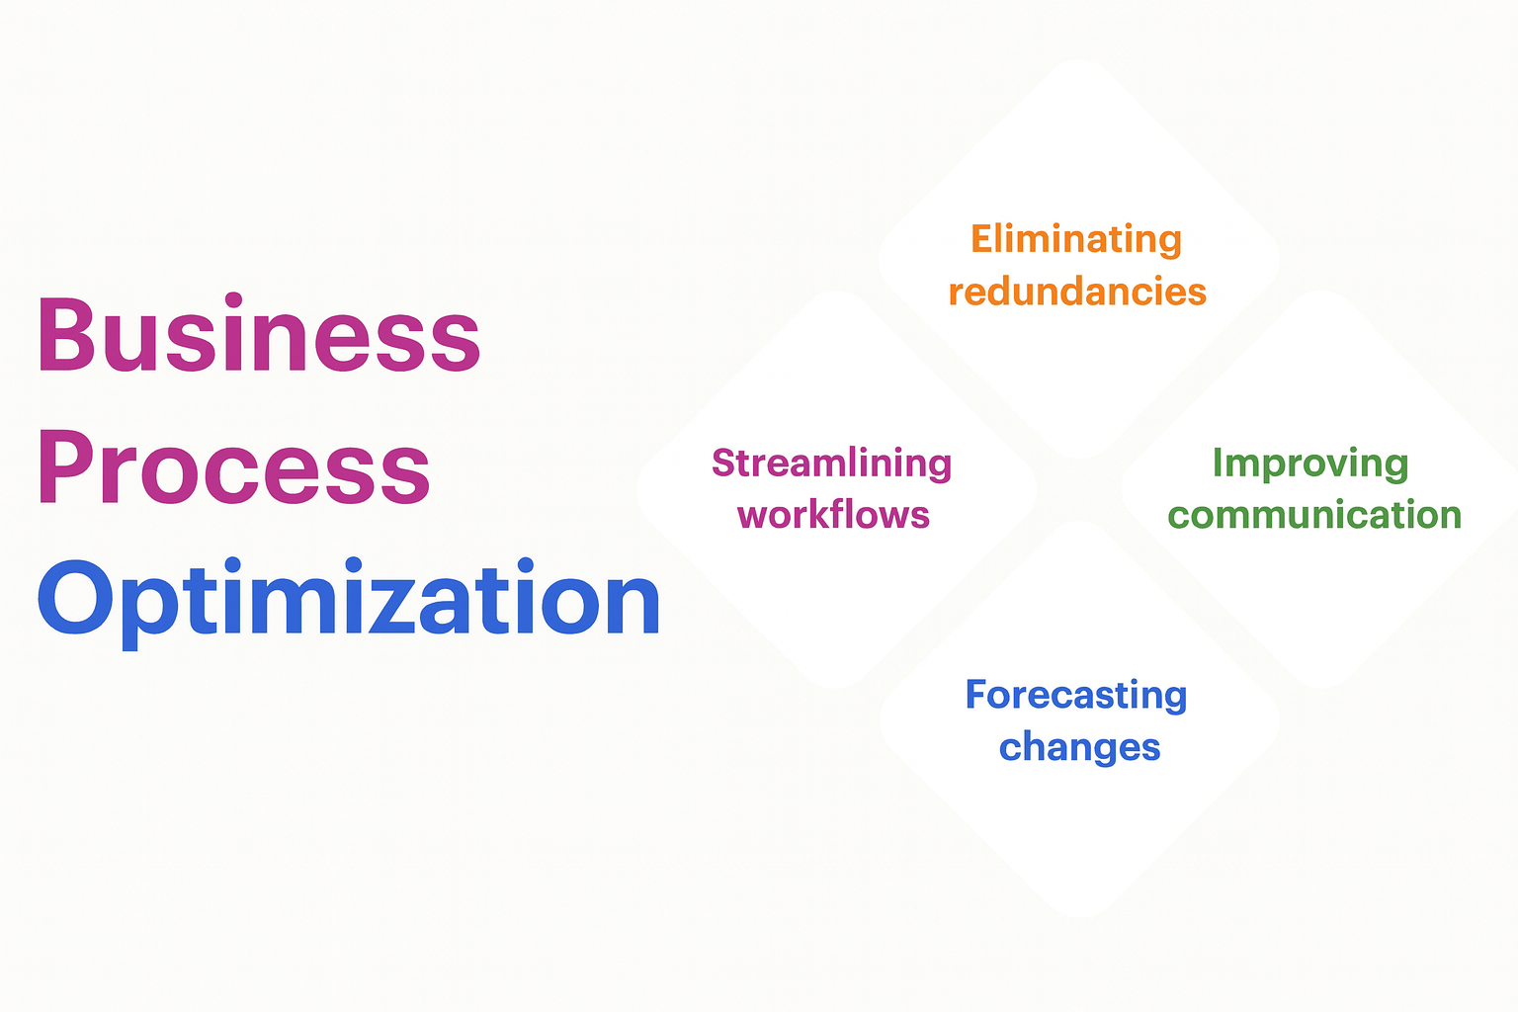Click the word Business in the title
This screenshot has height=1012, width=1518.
coord(260,333)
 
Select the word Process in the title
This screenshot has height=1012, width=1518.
coord(234,467)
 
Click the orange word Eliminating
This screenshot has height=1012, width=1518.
coord(1076,240)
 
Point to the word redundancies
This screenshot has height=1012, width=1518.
coord(1077,292)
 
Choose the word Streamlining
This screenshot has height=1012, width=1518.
coord(831,464)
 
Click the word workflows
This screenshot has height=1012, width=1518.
coord(833,514)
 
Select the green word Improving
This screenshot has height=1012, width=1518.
coord(1310,464)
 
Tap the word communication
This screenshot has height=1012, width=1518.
coord(1314,515)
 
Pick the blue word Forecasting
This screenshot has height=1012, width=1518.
coord(1076,696)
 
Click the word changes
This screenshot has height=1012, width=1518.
coord(1079,748)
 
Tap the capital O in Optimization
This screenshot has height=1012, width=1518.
coord(74,597)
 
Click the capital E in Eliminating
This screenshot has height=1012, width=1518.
coord(984,238)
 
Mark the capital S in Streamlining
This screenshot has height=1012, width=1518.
coord(725,463)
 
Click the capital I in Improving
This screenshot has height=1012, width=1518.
coord(1218,463)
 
